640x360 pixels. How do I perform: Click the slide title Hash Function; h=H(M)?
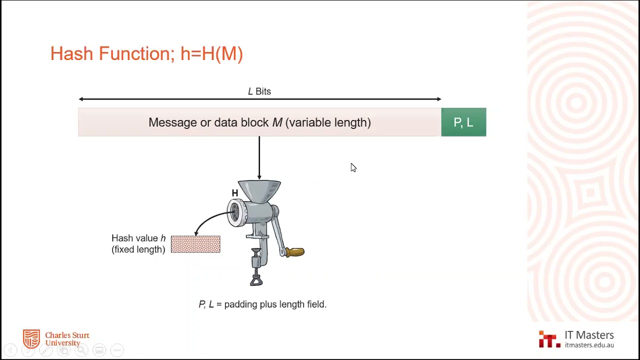click(146, 54)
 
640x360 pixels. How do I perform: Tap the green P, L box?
click(463, 122)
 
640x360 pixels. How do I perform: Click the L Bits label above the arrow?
click(259, 91)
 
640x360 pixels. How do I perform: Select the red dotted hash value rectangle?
click(195, 244)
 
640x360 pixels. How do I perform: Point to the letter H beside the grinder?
click(235, 193)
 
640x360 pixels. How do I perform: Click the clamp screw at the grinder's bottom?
click(256, 272)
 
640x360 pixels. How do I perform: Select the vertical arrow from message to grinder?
click(259, 157)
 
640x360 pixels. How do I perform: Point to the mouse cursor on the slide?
click(353, 167)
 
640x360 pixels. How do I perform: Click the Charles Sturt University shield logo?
click(31, 338)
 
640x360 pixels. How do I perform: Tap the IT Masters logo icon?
click(549, 339)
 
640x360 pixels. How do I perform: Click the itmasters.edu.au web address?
click(589, 345)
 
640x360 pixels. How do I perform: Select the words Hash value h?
click(138, 238)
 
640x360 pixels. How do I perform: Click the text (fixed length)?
click(138, 249)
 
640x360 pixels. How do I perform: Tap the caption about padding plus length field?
click(262, 304)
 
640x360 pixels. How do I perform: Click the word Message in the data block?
click(169, 122)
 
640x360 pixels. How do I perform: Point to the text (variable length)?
click(328, 122)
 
